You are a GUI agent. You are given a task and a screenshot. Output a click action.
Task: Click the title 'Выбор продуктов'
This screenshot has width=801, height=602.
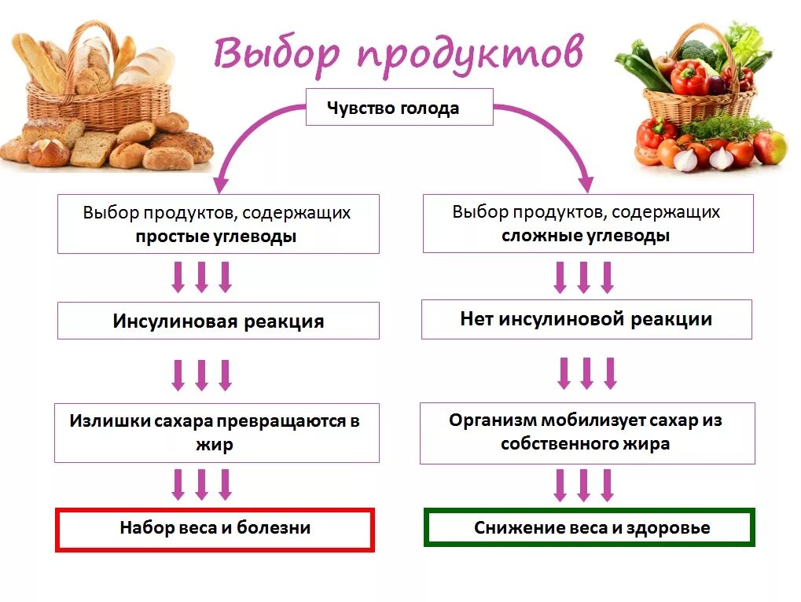click(x=399, y=53)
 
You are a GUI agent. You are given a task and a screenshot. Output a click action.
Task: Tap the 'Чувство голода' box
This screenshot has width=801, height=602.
click(x=399, y=108)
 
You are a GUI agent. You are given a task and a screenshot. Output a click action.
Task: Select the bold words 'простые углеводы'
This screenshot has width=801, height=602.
click(x=216, y=237)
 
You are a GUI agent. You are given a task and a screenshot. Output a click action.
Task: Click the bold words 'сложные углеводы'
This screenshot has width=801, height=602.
click(x=586, y=236)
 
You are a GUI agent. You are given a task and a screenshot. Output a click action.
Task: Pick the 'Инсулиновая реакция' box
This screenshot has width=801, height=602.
click(x=218, y=321)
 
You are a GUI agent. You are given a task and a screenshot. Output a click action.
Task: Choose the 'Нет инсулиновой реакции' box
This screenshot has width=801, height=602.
click(x=586, y=319)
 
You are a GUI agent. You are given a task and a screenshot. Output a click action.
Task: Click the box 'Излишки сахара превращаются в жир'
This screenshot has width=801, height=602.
click(x=216, y=432)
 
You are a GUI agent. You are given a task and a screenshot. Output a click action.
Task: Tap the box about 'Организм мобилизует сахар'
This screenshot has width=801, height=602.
click(x=586, y=432)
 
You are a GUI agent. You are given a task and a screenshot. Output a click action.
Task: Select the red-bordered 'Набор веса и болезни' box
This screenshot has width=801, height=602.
click(x=215, y=528)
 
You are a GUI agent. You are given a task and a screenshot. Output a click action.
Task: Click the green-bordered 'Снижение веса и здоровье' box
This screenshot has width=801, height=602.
click(x=590, y=527)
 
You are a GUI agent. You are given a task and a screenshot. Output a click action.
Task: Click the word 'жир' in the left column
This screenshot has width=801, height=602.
click(x=215, y=445)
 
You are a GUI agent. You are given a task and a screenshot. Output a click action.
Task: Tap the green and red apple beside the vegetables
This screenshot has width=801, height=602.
click(x=770, y=147)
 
